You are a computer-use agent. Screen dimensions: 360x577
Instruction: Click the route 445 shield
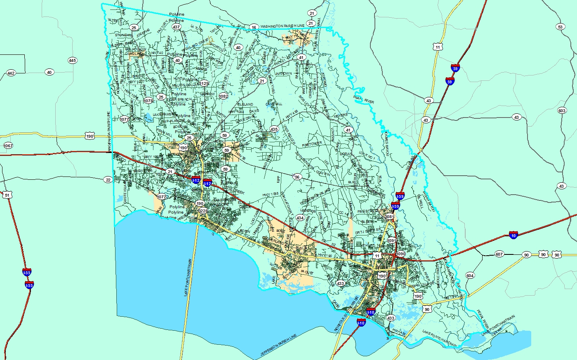coord(72,61)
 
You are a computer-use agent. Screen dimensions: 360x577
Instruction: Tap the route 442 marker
coord(11,73)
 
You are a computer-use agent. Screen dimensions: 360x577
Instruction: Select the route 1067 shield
coord(8,146)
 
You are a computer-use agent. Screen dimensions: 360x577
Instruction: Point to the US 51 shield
coord(7,195)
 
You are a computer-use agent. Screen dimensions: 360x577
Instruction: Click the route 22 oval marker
coord(108,180)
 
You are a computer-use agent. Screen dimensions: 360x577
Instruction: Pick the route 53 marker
coord(560,27)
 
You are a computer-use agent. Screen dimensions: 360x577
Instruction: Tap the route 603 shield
coord(561,111)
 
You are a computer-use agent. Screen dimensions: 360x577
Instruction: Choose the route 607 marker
coord(499,254)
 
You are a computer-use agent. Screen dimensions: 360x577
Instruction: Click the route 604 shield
coord(470,275)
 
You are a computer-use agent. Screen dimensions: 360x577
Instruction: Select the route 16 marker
coord(254,27)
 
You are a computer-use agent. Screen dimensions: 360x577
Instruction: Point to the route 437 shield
coord(177,27)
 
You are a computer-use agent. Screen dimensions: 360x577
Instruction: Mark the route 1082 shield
coord(223,96)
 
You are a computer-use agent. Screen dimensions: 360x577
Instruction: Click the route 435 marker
coord(274,129)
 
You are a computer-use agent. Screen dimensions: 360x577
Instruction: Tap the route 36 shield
coord(297,177)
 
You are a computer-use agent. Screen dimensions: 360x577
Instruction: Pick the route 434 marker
coord(300,218)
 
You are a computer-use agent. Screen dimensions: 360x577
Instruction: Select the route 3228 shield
coord(203,211)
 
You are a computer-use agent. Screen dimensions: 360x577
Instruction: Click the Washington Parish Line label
coord(283,26)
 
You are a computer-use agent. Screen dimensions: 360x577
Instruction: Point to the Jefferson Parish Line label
coord(278,346)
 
